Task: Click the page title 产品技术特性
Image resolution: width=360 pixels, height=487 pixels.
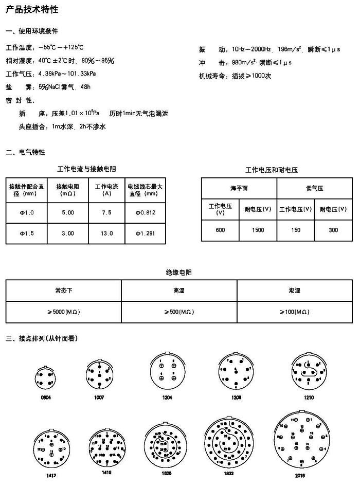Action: coord(32,10)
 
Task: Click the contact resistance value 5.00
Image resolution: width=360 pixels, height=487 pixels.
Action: coord(68,212)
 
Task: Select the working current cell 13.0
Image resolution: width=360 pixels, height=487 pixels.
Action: coord(106,233)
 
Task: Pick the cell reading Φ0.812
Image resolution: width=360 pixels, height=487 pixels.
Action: coord(145,212)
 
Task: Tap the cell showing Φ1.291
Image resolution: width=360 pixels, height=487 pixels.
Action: coord(145,233)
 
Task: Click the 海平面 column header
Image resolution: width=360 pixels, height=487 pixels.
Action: coord(239,188)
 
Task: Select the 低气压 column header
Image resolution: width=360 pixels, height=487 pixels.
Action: coord(314,188)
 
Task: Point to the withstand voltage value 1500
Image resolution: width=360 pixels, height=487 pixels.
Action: coord(258,230)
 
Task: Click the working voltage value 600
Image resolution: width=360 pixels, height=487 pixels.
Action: coord(220,230)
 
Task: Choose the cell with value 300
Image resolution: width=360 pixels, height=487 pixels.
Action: coord(333,230)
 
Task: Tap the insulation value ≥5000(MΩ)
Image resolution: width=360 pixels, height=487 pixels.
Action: coord(63,312)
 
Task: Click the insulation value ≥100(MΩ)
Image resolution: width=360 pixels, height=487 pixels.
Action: coord(296,312)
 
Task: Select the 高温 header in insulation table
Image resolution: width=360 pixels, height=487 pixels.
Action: coord(179,291)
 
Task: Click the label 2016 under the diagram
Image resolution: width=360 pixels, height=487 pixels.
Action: coord(300,476)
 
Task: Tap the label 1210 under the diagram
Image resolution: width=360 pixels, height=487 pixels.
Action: coord(309,398)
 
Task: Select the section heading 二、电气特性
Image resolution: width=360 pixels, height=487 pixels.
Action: coord(25,152)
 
